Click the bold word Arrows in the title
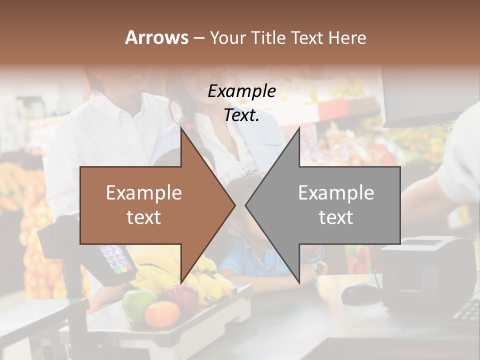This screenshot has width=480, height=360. click(156, 37)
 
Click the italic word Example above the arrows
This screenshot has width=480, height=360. click(241, 91)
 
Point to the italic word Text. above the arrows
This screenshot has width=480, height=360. click(241, 115)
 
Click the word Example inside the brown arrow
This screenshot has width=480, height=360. click(143, 193)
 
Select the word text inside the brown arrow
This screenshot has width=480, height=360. click(143, 217)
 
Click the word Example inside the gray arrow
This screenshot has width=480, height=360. click(336, 193)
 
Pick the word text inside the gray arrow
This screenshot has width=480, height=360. click(336, 217)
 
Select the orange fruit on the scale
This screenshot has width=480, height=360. click(161, 314)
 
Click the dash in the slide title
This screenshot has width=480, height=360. click(198, 38)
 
